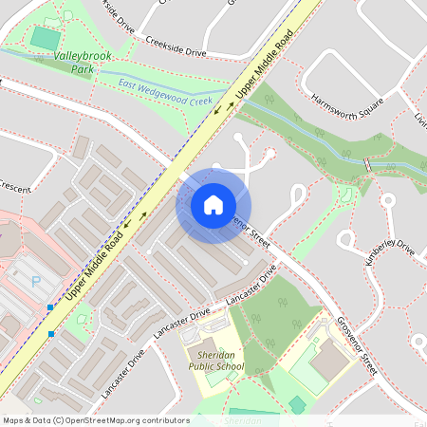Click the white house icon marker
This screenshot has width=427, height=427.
pos(213,204)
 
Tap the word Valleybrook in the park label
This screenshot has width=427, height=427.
pos(84,57)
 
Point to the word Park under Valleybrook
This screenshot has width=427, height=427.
pos(84,69)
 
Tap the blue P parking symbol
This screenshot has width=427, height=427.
pos(36,282)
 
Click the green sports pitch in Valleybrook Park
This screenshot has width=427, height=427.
pos(45,39)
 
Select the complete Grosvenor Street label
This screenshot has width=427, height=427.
pos(357,343)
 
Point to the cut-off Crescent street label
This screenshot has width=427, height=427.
pos(15,185)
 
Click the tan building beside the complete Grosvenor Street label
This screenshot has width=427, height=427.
pos(328,361)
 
